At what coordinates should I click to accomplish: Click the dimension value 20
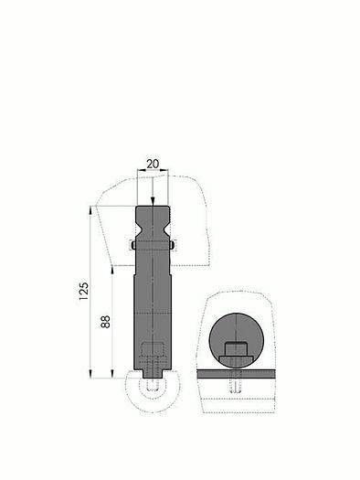pos(153,164)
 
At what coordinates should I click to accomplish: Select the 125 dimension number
pos(84,291)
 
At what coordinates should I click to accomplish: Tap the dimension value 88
pos(105,322)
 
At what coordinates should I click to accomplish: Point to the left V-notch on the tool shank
pos(138,229)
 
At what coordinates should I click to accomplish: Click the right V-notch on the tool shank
pos(166,229)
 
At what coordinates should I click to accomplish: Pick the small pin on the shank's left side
pos(133,245)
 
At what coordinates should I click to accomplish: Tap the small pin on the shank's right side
pos(172,245)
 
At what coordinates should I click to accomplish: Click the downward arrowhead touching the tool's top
pos(153,201)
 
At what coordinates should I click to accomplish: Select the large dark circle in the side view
pos(236,340)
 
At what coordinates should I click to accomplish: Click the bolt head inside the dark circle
pos(236,348)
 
